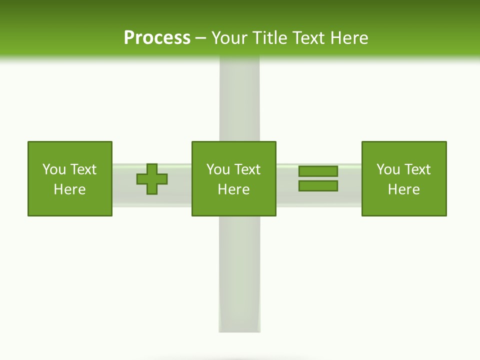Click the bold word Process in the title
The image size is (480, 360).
click(157, 38)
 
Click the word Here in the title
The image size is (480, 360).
click(349, 38)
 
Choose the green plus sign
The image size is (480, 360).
click(152, 179)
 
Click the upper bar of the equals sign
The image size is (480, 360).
click(318, 171)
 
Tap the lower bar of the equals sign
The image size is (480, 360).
click(318, 186)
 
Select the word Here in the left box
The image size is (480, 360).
click(70, 189)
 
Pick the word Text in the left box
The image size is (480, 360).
click(83, 169)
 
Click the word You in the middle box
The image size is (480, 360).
click(218, 169)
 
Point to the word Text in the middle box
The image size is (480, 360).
click(247, 169)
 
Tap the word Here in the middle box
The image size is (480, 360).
click(234, 189)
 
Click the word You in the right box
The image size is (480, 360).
click(388, 169)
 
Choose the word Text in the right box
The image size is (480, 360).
click(417, 169)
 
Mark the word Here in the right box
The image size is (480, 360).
click(404, 189)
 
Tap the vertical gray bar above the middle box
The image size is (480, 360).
click(239, 100)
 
